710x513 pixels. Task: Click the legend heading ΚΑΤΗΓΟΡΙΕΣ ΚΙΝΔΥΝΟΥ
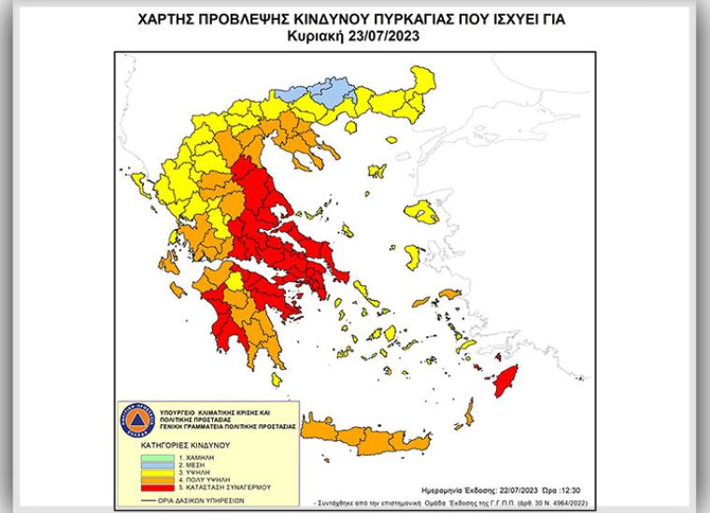[x=183, y=447]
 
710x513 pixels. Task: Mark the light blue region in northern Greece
[x=333, y=93]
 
